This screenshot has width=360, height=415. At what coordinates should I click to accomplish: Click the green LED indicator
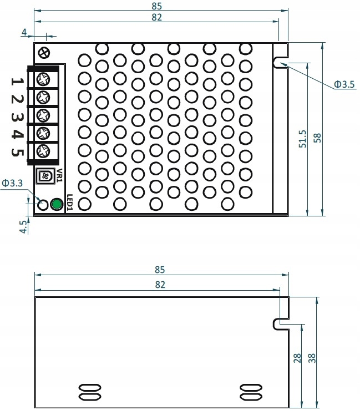pyautogui.click(x=56, y=204)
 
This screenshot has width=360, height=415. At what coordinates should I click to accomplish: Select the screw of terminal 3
pyautogui.click(x=44, y=115)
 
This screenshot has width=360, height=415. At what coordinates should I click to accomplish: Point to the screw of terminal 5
pyautogui.click(x=44, y=151)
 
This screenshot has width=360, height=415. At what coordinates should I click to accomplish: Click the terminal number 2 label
pyautogui.click(x=17, y=99)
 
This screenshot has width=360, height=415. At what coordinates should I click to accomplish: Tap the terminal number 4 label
pyautogui.click(x=17, y=135)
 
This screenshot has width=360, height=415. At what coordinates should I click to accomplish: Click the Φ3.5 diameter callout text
pyautogui.click(x=344, y=84)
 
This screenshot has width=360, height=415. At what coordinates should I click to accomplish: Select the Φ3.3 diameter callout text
pyautogui.click(x=12, y=182)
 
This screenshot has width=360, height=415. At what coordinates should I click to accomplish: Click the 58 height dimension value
pyautogui.click(x=317, y=138)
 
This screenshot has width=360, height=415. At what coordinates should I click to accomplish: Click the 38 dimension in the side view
pyautogui.click(x=312, y=358)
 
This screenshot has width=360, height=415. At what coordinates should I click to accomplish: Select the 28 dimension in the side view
pyautogui.click(x=297, y=358)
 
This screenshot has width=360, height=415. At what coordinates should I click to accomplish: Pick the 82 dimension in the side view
pyautogui.click(x=160, y=284)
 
